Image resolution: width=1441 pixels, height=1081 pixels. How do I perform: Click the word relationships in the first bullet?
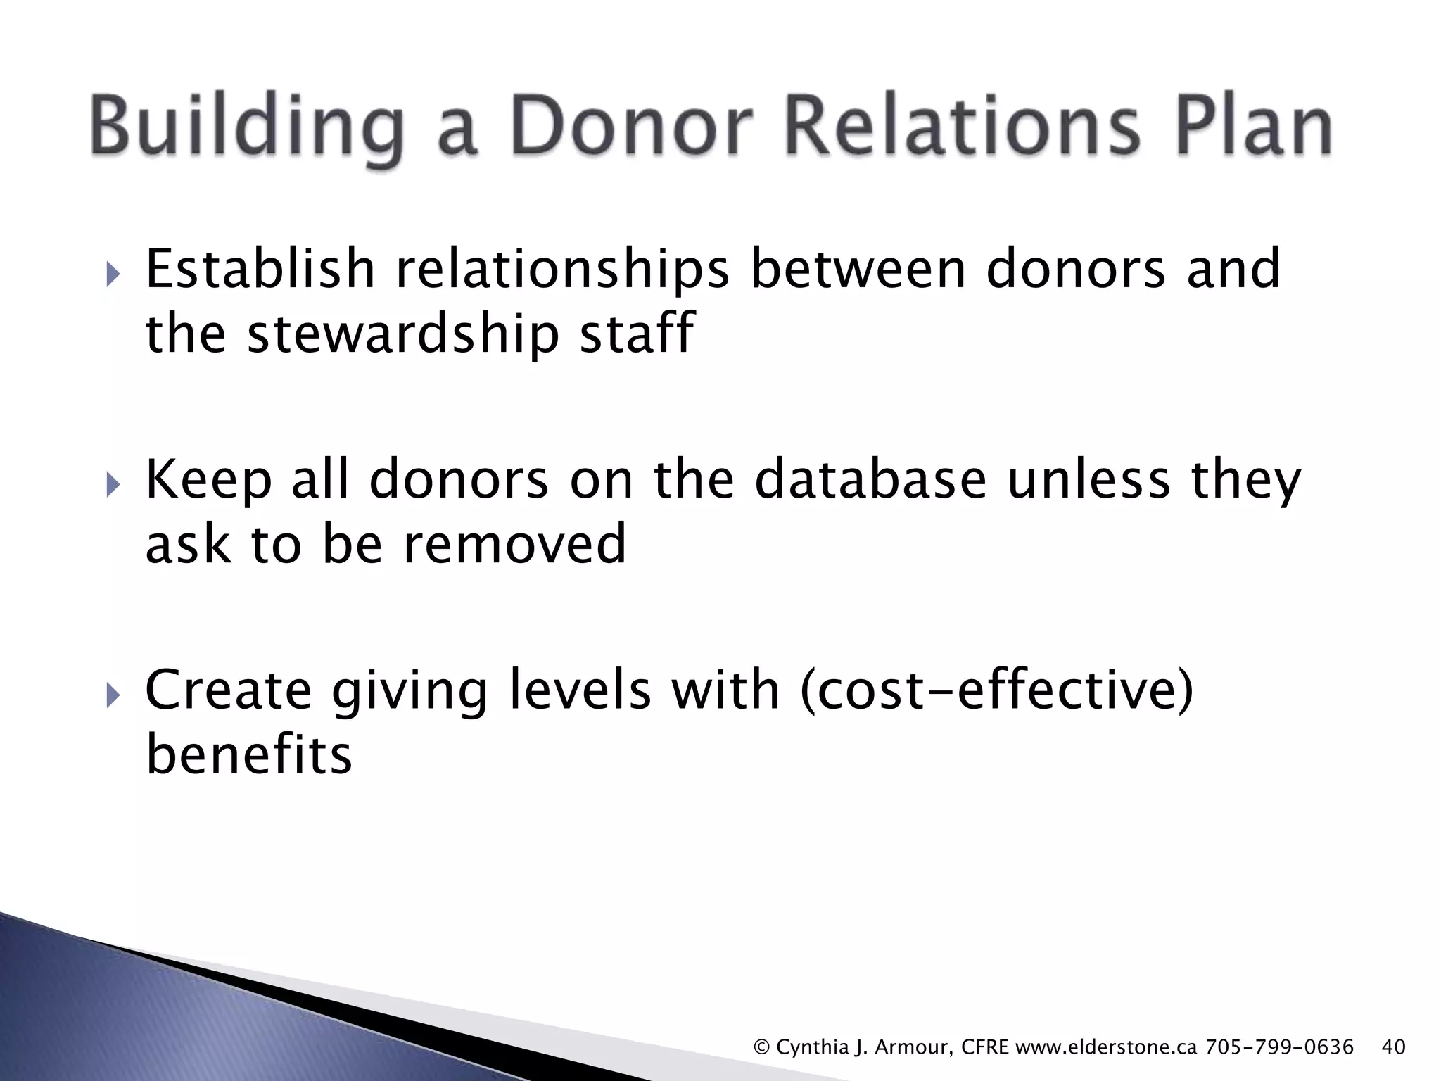pyautogui.click(x=563, y=271)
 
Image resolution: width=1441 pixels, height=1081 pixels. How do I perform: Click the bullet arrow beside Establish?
pyautogui.click(x=113, y=275)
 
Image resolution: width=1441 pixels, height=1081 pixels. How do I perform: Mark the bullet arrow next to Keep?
pyautogui.click(x=113, y=486)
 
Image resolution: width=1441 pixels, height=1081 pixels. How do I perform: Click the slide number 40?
pyautogui.click(x=1394, y=1047)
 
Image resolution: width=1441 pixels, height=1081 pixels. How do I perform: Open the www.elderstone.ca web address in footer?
pyautogui.click(x=1107, y=1047)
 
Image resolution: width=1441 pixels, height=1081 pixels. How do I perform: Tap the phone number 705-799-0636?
pyautogui.click(x=1280, y=1047)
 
